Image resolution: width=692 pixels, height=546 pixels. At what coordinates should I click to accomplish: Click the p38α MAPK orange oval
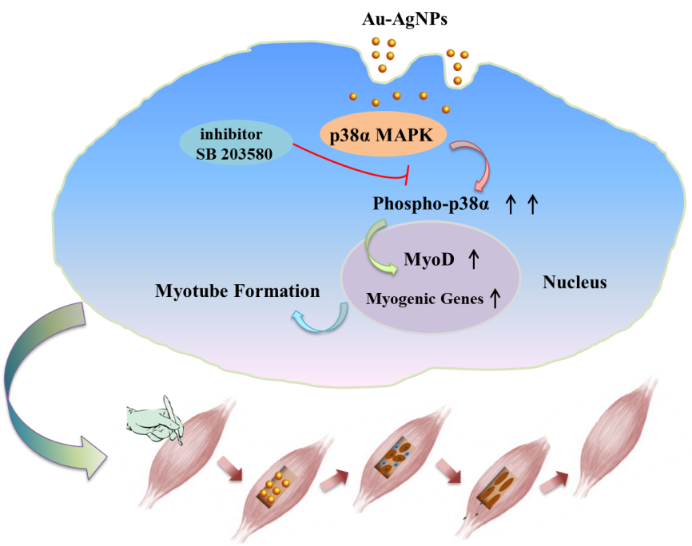click(383, 136)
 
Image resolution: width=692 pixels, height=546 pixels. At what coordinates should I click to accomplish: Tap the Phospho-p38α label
click(431, 204)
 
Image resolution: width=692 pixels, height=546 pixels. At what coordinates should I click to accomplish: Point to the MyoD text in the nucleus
click(428, 259)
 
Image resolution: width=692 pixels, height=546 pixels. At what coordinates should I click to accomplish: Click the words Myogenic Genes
click(424, 299)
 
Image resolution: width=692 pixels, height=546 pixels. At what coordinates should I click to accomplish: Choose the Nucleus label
click(574, 283)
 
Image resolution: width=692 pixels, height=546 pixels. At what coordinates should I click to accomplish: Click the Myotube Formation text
click(237, 291)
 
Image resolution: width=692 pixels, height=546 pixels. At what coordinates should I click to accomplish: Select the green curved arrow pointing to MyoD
click(376, 243)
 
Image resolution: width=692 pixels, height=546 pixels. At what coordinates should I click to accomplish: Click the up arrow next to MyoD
click(472, 259)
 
